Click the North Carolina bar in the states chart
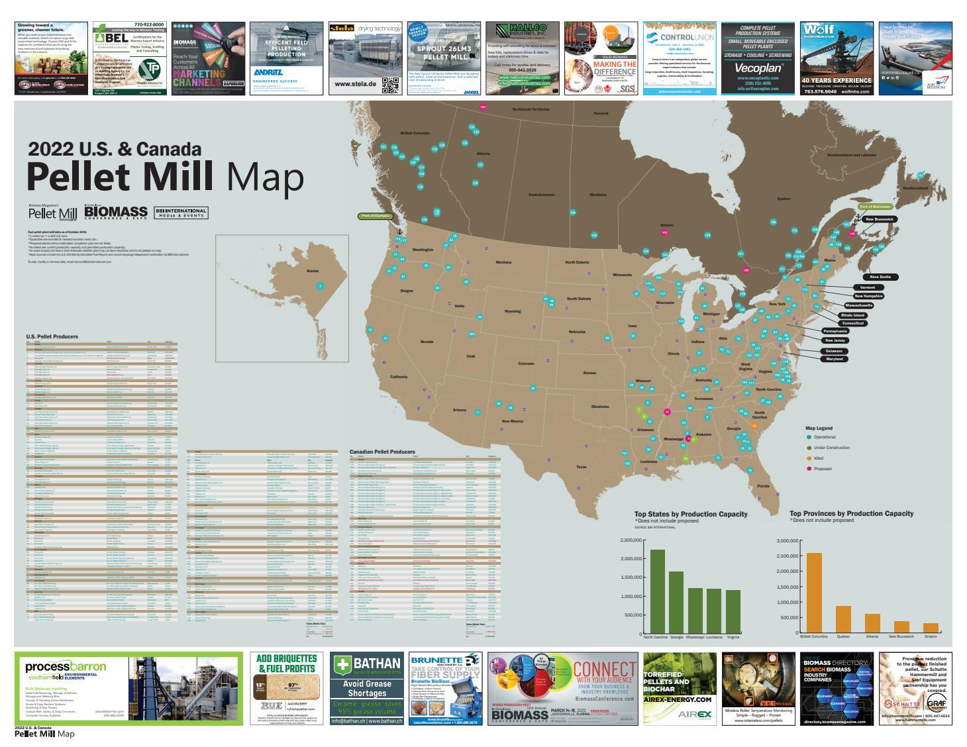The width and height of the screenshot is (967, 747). tap(657, 591)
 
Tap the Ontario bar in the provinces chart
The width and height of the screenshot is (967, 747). tap(931, 627)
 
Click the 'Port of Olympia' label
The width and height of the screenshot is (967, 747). tap(374, 216)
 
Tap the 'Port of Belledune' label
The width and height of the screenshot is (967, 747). tap(875, 207)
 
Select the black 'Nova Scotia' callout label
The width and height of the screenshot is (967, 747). tap(880, 277)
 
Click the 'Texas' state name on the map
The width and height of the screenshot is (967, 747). tap(581, 467)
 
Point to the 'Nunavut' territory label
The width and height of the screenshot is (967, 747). tap(600, 113)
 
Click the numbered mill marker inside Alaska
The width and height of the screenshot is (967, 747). tap(320, 286)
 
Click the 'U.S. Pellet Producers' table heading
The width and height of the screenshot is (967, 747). tap(52, 337)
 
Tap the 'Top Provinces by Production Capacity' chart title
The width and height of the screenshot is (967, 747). tap(851, 513)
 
